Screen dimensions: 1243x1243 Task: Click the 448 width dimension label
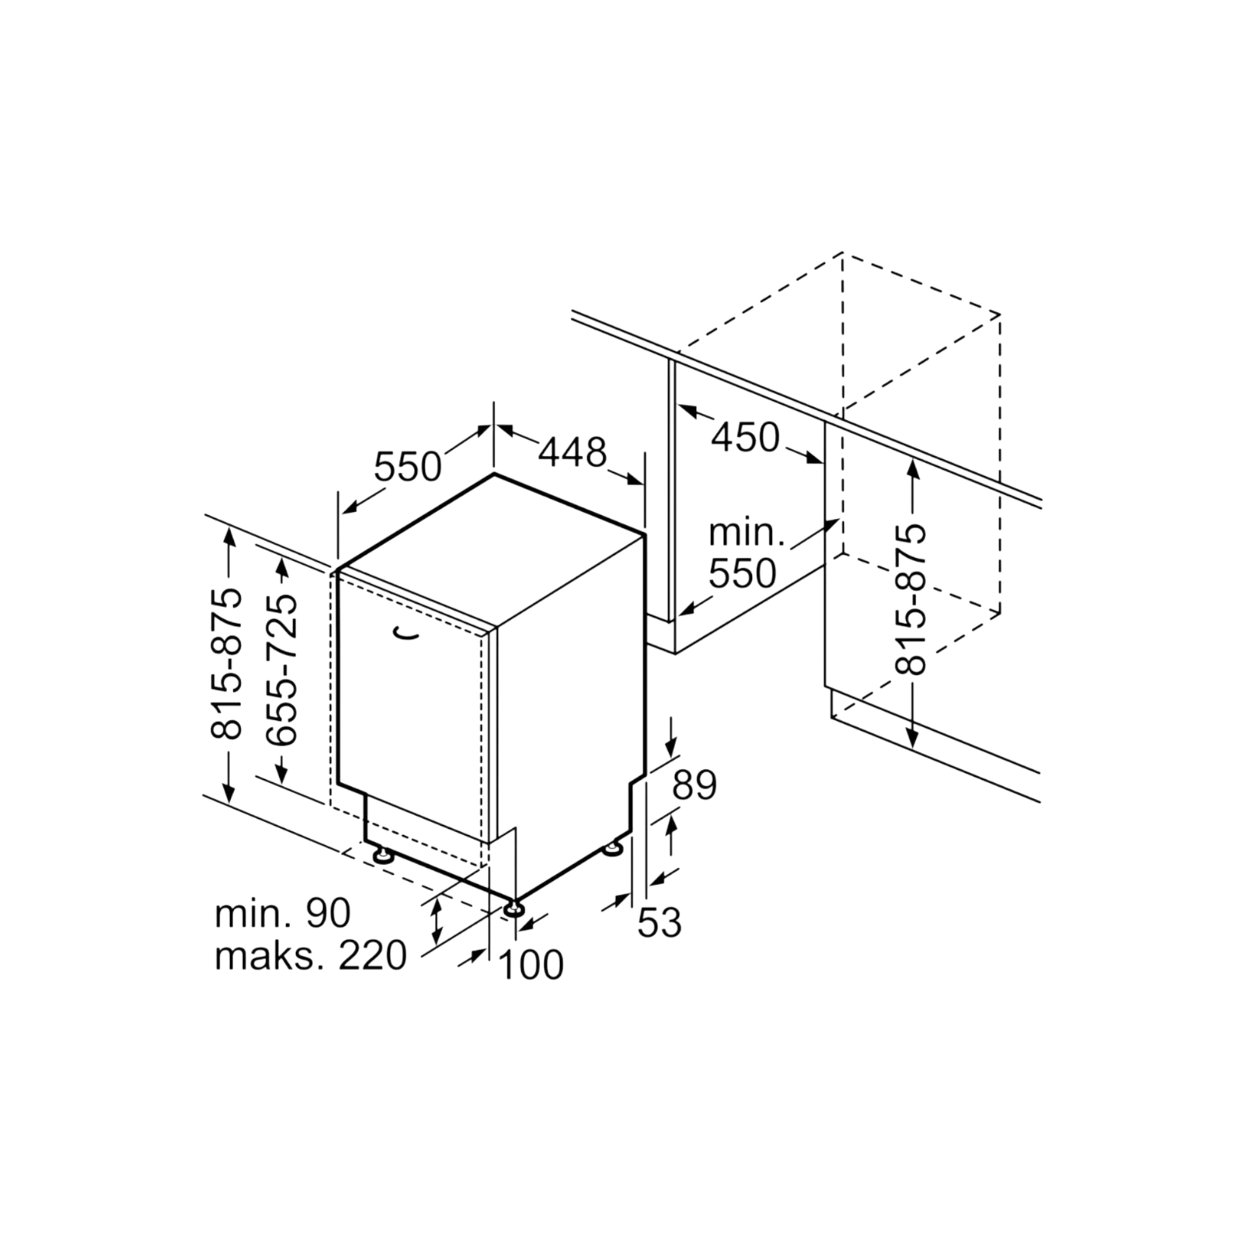[x=572, y=452]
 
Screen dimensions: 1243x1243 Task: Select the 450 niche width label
[x=745, y=437]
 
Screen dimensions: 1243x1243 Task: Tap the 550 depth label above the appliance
[x=408, y=467]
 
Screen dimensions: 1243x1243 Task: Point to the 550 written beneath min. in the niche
[x=743, y=573]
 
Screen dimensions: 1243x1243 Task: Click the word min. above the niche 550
[x=747, y=534]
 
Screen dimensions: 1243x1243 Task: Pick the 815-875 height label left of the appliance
[x=227, y=663]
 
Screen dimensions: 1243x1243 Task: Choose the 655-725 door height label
[x=281, y=670]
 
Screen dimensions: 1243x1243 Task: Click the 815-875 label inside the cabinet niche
[x=910, y=599]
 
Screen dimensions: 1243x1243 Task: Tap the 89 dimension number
[x=694, y=785]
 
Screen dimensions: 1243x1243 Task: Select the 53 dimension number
[x=660, y=923]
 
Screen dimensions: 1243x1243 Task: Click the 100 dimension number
[x=531, y=966]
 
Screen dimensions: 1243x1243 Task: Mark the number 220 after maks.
[x=372, y=956]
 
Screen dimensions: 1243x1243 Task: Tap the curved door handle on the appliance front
[x=406, y=634]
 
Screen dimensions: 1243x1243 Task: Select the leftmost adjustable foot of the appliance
[x=383, y=855]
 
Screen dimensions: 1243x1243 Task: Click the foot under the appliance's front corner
[x=513, y=907]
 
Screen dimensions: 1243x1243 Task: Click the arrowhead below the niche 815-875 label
[x=912, y=738]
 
